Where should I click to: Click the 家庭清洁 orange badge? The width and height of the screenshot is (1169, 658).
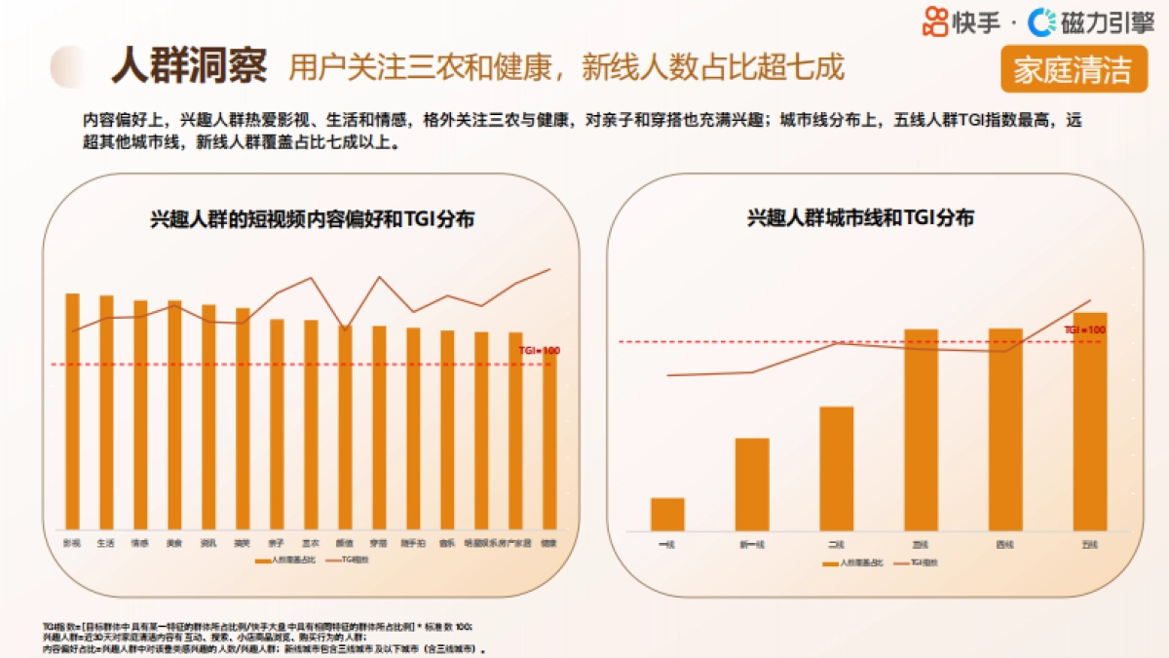(1073, 70)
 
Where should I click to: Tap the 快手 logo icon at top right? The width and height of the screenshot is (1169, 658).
(935, 20)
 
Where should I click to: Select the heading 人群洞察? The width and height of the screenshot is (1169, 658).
(188, 66)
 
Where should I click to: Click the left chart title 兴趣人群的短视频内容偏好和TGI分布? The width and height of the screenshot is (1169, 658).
(312, 219)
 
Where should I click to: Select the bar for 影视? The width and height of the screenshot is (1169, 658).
(72, 409)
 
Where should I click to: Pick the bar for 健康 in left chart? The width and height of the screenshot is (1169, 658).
(549, 439)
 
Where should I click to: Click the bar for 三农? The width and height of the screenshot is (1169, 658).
(311, 424)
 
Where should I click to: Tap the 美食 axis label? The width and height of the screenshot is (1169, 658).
(173, 543)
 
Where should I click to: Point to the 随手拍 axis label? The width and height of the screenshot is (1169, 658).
(413, 543)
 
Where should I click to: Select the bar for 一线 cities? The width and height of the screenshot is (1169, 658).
(667, 514)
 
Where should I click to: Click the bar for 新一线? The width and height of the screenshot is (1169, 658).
(752, 484)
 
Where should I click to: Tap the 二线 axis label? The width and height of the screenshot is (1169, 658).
(836, 544)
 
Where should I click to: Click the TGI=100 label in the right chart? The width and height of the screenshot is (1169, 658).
(1084, 330)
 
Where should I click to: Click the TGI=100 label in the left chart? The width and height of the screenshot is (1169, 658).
(539, 350)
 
